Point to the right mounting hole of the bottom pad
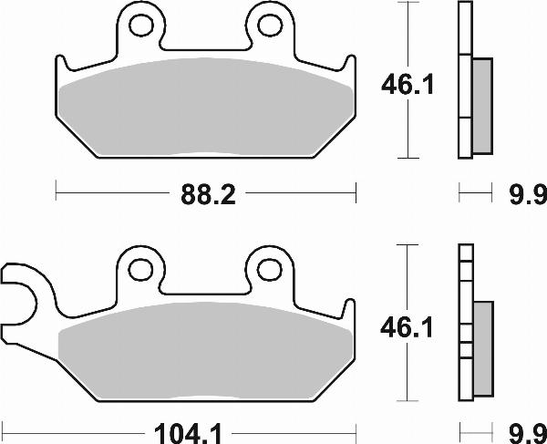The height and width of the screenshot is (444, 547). pyautogui.click(x=270, y=268)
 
